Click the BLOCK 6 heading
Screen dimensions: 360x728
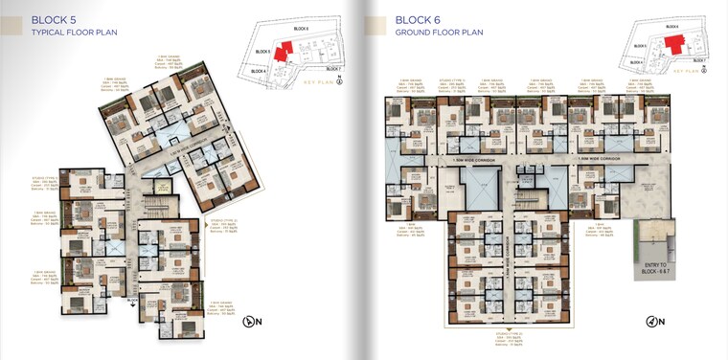click(x=419, y=19)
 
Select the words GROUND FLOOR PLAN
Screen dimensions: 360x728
click(x=440, y=33)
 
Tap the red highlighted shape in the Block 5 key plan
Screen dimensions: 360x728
click(x=284, y=53)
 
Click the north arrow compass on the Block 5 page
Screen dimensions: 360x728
click(x=252, y=323)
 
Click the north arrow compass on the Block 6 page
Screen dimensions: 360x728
click(x=655, y=321)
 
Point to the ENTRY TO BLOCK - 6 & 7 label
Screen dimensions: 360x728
click(x=657, y=268)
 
